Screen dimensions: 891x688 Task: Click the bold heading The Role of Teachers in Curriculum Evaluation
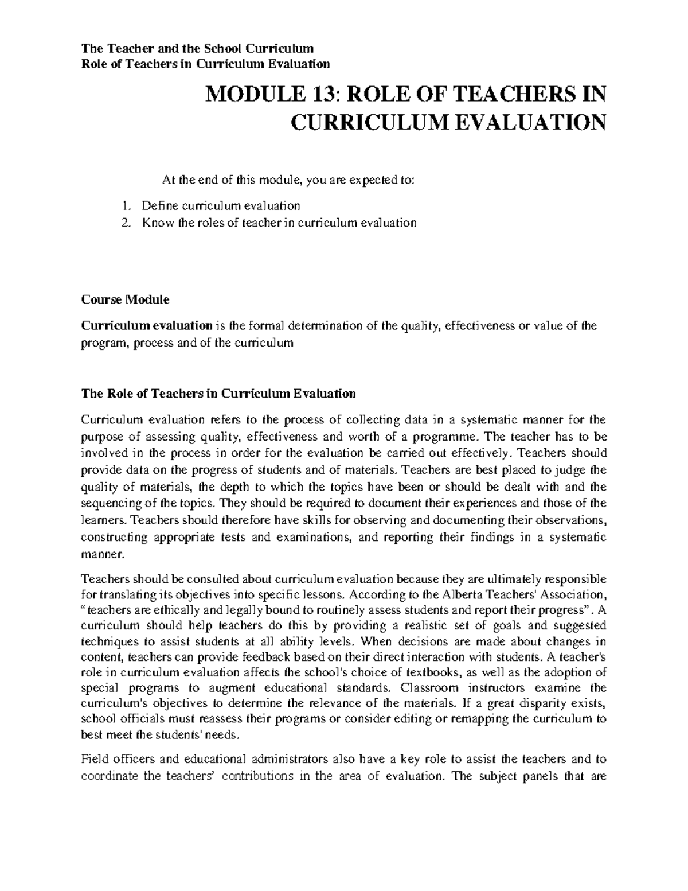click(x=218, y=394)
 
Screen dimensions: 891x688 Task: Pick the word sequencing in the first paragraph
click(x=114, y=504)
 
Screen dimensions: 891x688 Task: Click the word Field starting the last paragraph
click(x=93, y=759)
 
